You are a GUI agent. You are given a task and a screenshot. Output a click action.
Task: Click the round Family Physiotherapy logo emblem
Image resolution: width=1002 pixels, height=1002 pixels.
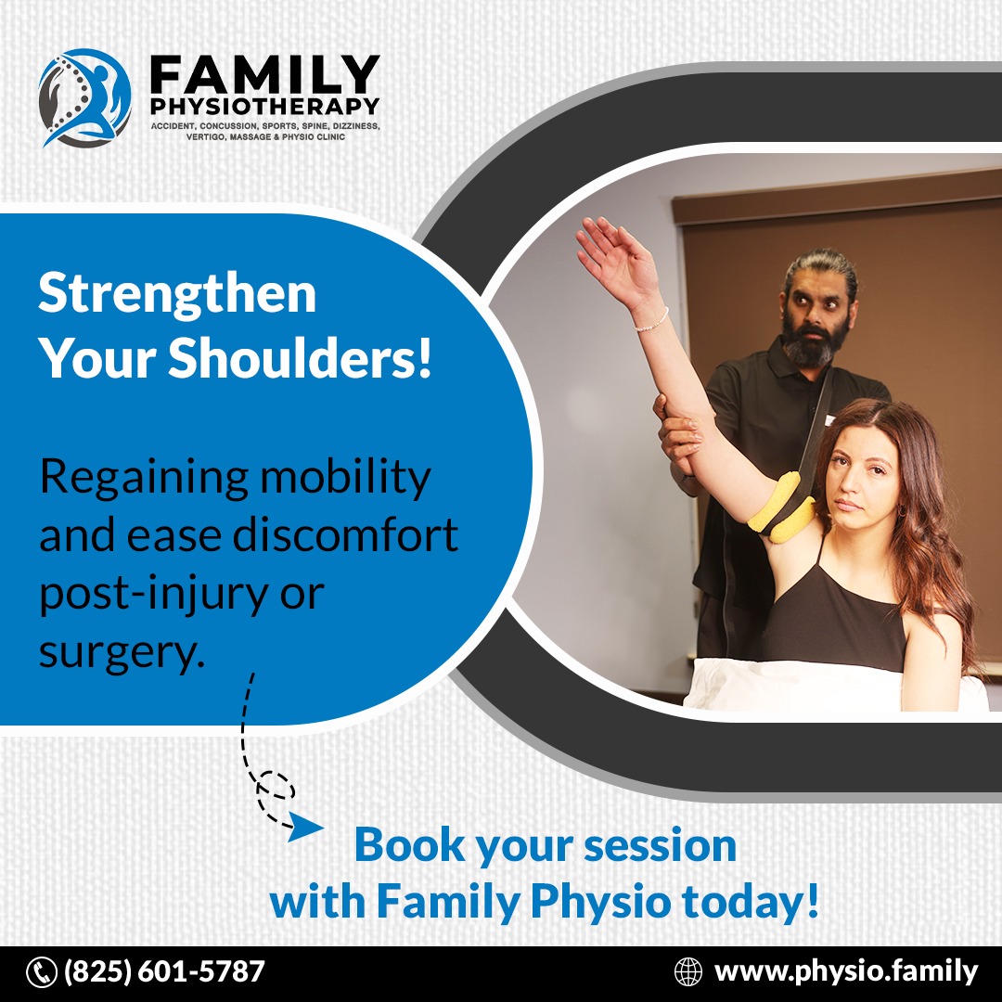coord(85,97)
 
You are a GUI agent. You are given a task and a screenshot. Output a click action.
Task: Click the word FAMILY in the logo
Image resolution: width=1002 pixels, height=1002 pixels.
coord(264,75)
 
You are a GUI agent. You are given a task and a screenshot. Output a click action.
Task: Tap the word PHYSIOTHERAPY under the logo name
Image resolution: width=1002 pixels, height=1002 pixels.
coord(264,106)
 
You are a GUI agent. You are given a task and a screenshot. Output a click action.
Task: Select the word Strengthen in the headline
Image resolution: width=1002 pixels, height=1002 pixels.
coord(177,293)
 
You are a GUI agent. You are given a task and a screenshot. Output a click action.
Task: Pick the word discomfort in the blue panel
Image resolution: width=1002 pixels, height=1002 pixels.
coord(345,535)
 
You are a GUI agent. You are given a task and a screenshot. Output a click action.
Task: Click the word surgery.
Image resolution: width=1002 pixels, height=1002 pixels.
coord(122,653)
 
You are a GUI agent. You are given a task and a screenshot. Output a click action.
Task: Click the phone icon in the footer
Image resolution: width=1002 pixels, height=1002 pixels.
coord(42,972)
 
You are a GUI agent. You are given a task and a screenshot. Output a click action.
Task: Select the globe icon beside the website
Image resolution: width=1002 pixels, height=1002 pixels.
coord(688,972)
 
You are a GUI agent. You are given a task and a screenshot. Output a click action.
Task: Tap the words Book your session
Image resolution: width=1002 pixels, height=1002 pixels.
coord(546,846)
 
